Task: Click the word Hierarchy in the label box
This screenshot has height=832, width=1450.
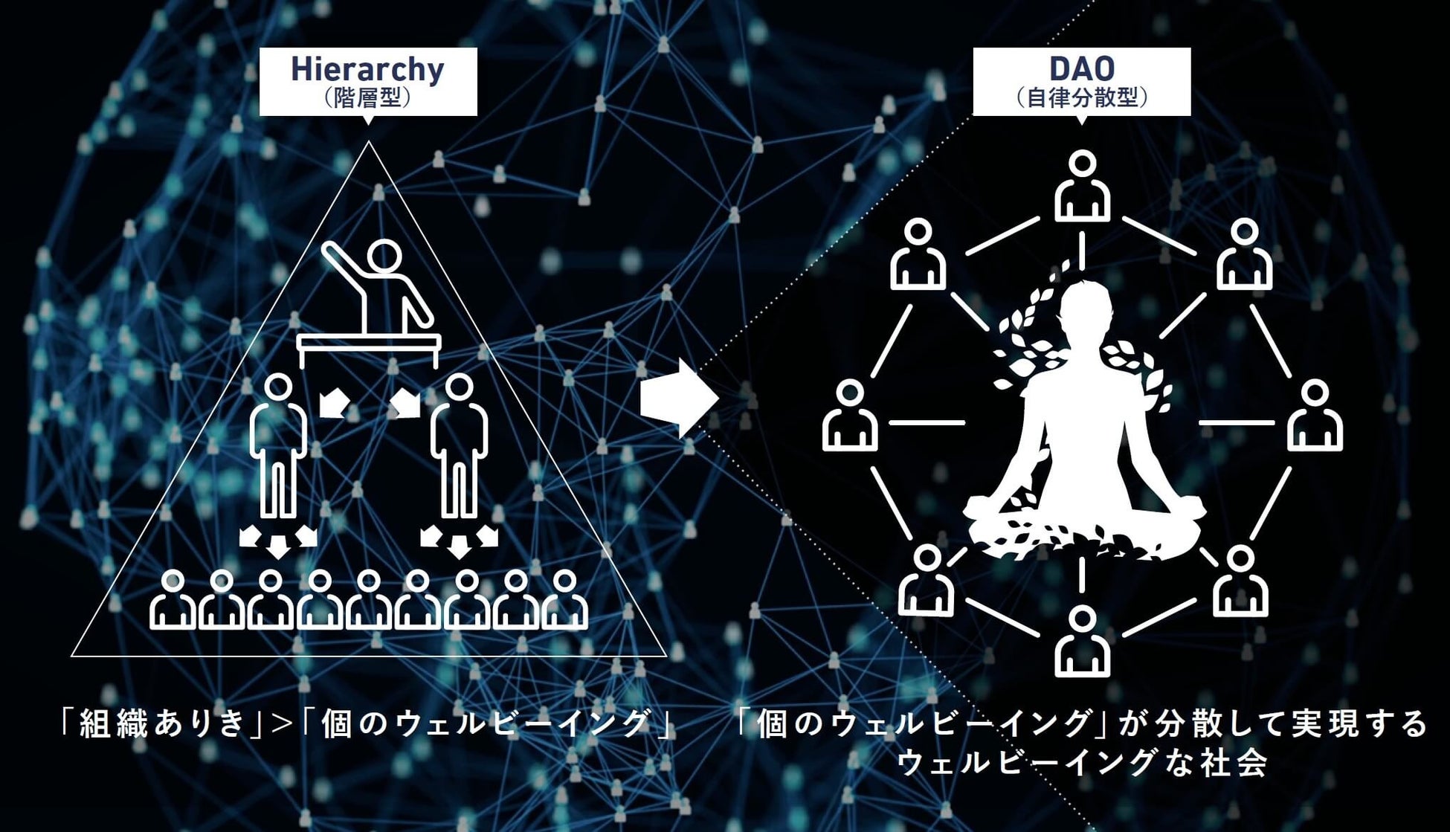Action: [x=367, y=69]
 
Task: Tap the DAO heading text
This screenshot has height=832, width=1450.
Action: [x=1081, y=69]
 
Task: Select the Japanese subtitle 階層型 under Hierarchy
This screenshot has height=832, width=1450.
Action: [x=368, y=98]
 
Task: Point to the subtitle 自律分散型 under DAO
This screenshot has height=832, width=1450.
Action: [x=1082, y=98]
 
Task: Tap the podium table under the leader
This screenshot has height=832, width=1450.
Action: [x=369, y=344]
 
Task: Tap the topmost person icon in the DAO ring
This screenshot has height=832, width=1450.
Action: [x=1083, y=187]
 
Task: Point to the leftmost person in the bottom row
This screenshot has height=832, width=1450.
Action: [x=173, y=600]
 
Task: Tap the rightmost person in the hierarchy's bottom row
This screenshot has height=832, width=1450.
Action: [x=565, y=600]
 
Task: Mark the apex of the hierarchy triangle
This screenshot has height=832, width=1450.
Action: [x=368, y=143]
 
